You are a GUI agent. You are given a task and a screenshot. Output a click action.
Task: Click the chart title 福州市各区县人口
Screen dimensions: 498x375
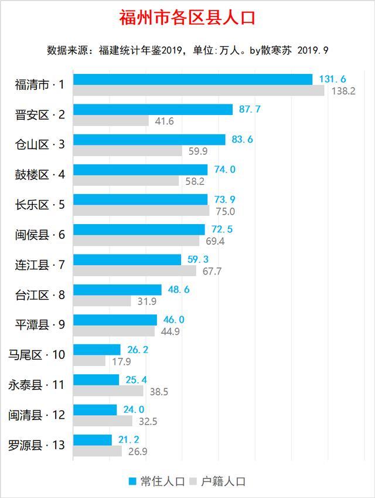pyautogui.click(x=187, y=17)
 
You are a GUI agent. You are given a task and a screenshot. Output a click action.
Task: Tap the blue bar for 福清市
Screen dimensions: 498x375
pyautogui.click(x=193, y=79)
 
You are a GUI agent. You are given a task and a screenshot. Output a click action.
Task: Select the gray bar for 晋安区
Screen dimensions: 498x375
pyautogui.click(x=111, y=121)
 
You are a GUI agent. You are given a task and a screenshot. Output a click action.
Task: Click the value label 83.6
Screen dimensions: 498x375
pyautogui.click(x=242, y=139)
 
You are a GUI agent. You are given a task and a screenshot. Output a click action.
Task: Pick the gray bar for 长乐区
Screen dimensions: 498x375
pyautogui.click(x=141, y=211)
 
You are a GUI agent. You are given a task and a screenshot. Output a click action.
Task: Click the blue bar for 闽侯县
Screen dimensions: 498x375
pyautogui.click(x=139, y=229)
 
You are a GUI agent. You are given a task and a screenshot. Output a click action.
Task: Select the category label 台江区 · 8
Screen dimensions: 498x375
pyautogui.click(x=40, y=295)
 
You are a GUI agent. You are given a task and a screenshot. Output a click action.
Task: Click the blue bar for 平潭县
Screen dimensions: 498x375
pyautogui.click(x=115, y=320)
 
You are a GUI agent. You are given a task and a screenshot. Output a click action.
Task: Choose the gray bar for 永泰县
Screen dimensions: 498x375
pyautogui.click(x=108, y=391)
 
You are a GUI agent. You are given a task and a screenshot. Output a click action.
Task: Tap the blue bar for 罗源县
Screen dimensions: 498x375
pyautogui.click(x=93, y=440)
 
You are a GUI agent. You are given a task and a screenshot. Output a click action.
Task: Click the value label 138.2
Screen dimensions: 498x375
pyautogui.click(x=343, y=91)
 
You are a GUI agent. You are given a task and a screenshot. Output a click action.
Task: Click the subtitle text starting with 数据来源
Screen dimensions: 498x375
pyautogui.click(x=187, y=50)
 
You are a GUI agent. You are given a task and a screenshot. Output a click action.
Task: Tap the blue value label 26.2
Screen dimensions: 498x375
pyautogui.click(x=137, y=349)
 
